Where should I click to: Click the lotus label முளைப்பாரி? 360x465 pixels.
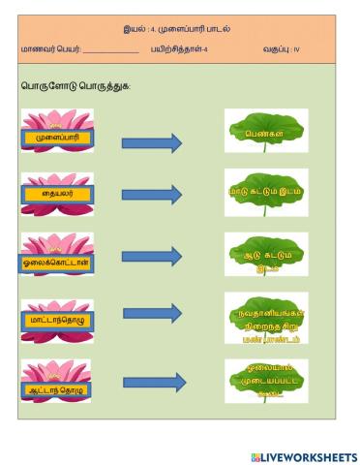tap(56, 138)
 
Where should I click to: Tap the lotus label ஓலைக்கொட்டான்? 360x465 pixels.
tap(56, 262)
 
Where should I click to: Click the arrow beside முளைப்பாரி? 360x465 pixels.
tap(152, 143)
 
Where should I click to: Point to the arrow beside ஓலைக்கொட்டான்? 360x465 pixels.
tap(152, 258)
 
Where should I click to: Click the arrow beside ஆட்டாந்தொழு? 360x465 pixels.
tap(152, 382)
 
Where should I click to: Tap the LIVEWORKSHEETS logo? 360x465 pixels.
tap(303, 455)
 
